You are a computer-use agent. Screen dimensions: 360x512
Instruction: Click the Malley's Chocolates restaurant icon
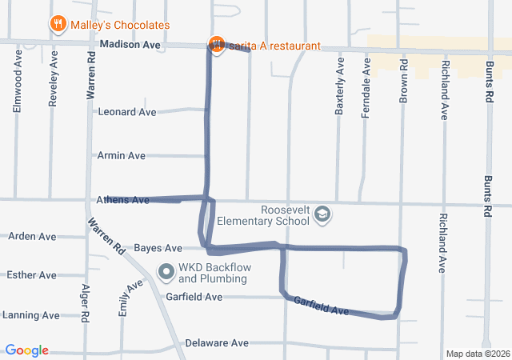pos(58,25)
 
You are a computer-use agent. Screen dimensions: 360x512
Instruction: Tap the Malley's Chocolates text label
pos(120,26)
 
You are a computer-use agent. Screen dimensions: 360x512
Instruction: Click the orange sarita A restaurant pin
pos(215,44)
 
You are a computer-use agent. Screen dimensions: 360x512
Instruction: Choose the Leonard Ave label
pos(126,112)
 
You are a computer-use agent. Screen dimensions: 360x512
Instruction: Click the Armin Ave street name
pos(121,155)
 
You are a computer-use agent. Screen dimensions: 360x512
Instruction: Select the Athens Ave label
pos(122,200)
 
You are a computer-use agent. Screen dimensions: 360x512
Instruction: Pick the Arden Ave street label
pos(32,237)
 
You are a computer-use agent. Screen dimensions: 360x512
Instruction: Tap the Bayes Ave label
pos(158,248)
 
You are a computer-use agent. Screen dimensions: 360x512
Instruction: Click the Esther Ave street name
pos(31,275)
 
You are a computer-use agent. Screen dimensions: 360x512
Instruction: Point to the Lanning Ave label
pos(30,315)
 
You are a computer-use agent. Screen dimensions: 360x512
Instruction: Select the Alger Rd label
pos(86,300)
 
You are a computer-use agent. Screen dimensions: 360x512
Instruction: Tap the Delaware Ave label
pos(217,343)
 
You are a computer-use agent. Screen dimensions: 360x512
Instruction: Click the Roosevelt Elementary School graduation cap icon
pos(322,214)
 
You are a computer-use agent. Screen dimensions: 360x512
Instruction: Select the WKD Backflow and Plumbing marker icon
pos(166,273)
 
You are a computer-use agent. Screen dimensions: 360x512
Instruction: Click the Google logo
pos(27,350)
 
